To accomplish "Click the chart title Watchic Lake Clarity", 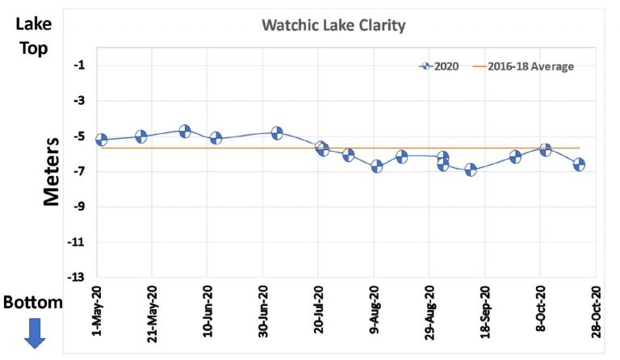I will [333, 26].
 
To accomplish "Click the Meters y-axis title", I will [52, 171].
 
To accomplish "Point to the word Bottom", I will [32, 303].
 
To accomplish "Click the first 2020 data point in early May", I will [102, 140].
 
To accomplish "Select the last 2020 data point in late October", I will [579, 164].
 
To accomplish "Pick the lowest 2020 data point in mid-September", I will [471, 170].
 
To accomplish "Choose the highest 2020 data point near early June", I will [185, 131].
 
